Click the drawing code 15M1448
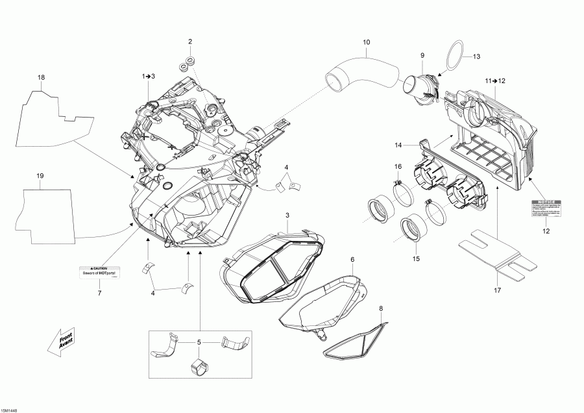(x=10, y=408)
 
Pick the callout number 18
(x=41, y=78)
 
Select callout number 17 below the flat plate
(x=497, y=290)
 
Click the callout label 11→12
(x=494, y=80)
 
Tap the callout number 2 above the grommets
(x=190, y=42)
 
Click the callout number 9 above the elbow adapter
(x=422, y=55)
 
